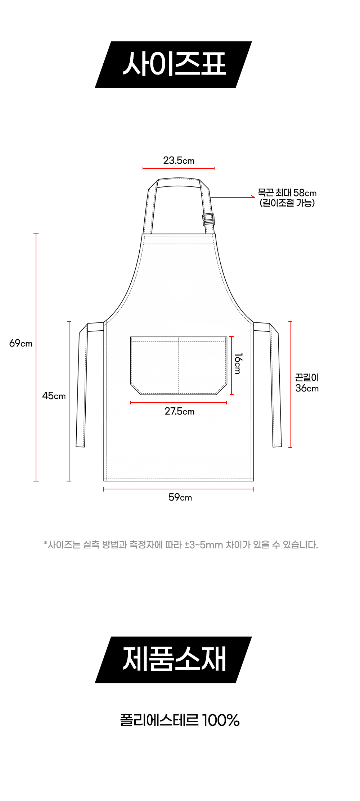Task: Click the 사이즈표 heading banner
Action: point(173,65)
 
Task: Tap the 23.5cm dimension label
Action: point(179,160)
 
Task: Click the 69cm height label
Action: point(21,343)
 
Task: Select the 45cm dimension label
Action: point(54,396)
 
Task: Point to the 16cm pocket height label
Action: point(238,363)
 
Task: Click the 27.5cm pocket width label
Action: point(180,411)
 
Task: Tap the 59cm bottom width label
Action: point(180,497)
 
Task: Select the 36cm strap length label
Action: point(307,388)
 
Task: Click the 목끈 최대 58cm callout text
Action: point(287,193)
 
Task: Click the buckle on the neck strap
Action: point(208,219)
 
